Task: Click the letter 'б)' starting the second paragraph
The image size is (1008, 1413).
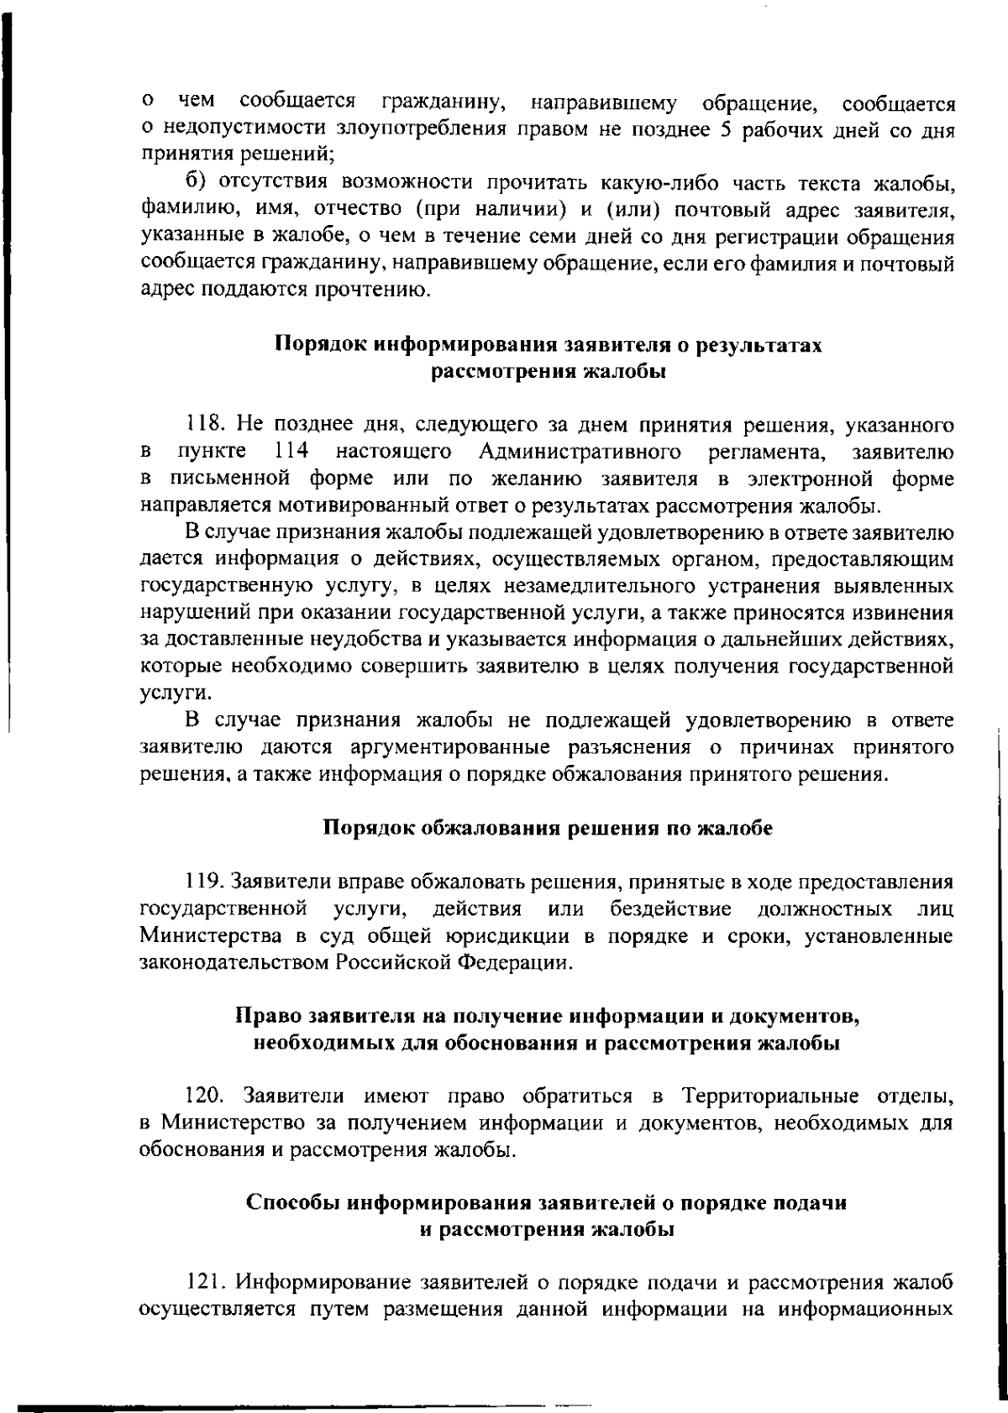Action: point(194,183)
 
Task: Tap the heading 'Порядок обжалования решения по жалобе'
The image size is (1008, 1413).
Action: point(548,828)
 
